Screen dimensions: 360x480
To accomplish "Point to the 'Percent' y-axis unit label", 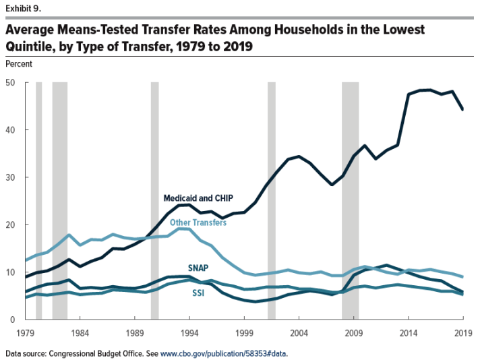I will click(x=19, y=64).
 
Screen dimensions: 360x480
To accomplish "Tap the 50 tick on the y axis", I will click(x=11, y=83).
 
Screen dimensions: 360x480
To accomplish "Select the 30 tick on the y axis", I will click(x=11, y=177).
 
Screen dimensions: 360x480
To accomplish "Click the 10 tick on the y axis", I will click(x=11, y=272).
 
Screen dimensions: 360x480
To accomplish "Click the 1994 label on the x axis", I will click(x=189, y=332).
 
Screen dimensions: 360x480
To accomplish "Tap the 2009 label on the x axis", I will click(x=354, y=332).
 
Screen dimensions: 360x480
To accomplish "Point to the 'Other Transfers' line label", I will click(x=198, y=222).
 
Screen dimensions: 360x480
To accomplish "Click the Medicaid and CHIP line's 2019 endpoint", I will click(x=462, y=109).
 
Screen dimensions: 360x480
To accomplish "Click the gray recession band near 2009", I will click(x=351, y=202).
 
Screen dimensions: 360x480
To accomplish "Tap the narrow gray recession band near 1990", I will click(x=154, y=202).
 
